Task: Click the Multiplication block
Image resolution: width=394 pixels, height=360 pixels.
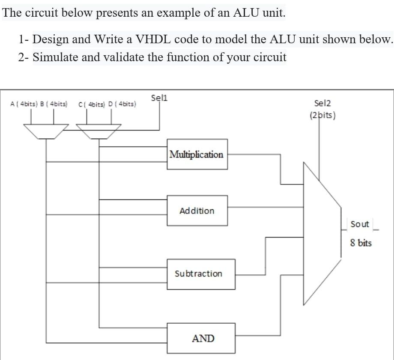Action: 197,154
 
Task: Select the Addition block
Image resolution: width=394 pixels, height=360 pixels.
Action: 197,211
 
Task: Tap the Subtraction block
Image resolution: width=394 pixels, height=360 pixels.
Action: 199,274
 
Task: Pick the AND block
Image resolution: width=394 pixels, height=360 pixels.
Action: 203,339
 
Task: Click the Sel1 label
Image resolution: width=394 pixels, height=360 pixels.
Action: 159,98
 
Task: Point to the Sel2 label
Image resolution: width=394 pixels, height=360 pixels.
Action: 322,103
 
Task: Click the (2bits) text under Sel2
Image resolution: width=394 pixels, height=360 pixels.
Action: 322,115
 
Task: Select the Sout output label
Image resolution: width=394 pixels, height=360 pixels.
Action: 359,224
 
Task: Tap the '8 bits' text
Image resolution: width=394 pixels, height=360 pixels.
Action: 361,243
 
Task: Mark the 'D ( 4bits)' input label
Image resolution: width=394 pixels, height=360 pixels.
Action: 122,104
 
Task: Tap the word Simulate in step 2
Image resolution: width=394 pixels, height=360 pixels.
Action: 55,57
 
